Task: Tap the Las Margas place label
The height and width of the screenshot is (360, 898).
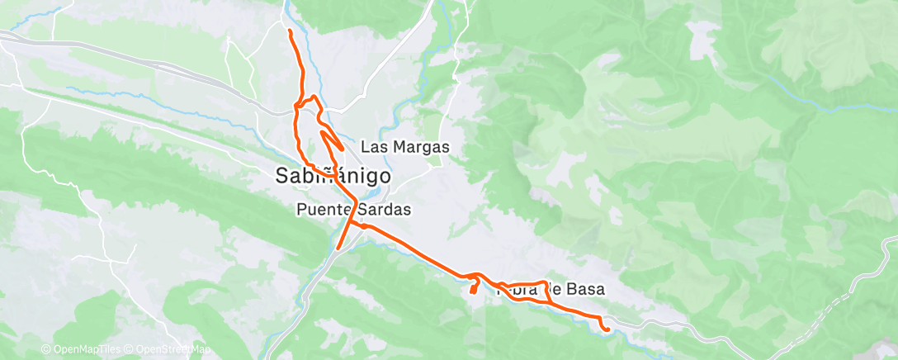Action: click(x=405, y=148)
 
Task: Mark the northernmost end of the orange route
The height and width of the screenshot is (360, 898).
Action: click(x=290, y=31)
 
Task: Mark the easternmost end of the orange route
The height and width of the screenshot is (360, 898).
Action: click(x=608, y=329)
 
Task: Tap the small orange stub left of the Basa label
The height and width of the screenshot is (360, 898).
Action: click(x=474, y=288)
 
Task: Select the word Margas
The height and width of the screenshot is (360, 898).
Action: click(x=418, y=148)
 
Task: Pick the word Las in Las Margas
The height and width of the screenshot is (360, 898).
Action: click(x=373, y=148)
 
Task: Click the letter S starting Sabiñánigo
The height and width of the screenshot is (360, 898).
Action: click(x=281, y=176)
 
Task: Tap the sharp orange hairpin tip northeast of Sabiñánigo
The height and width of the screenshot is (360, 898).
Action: click(x=342, y=149)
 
